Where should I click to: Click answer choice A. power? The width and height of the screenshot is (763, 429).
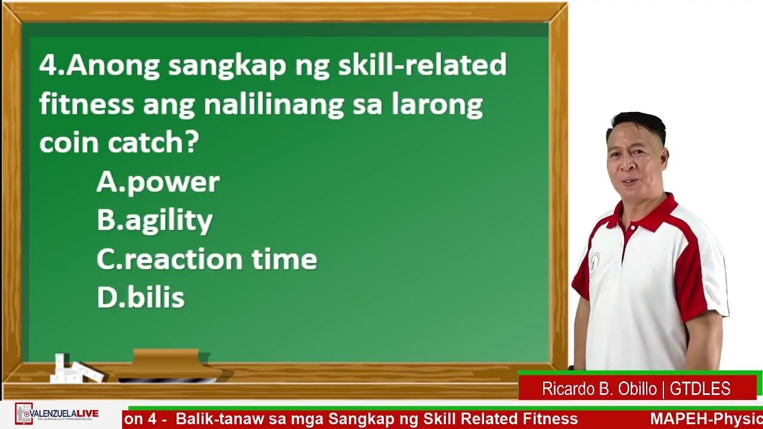click(158, 182)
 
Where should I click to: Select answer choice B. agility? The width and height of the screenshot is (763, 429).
click(154, 221)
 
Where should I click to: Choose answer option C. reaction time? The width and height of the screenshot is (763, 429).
click(206, 260)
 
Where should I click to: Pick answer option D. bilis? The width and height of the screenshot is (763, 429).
click(141, 298)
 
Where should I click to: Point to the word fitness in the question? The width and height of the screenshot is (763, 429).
click(86, 105)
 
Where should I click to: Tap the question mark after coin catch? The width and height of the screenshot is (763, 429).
click(192, 143)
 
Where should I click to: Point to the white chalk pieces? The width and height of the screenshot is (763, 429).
click(75, 369)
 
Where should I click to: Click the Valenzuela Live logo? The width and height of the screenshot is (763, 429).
click(57, 414)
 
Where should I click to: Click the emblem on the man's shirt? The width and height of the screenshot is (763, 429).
click(594, 262)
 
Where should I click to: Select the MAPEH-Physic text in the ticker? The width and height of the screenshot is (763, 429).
click(706, 419)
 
